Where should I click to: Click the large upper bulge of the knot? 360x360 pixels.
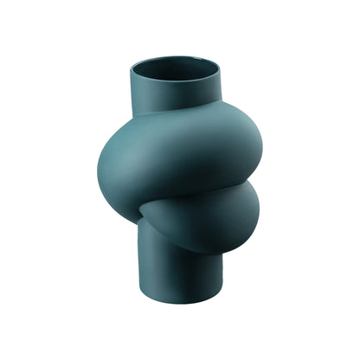tap(173, 160)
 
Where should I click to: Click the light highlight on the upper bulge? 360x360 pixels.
tap(130, 151)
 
